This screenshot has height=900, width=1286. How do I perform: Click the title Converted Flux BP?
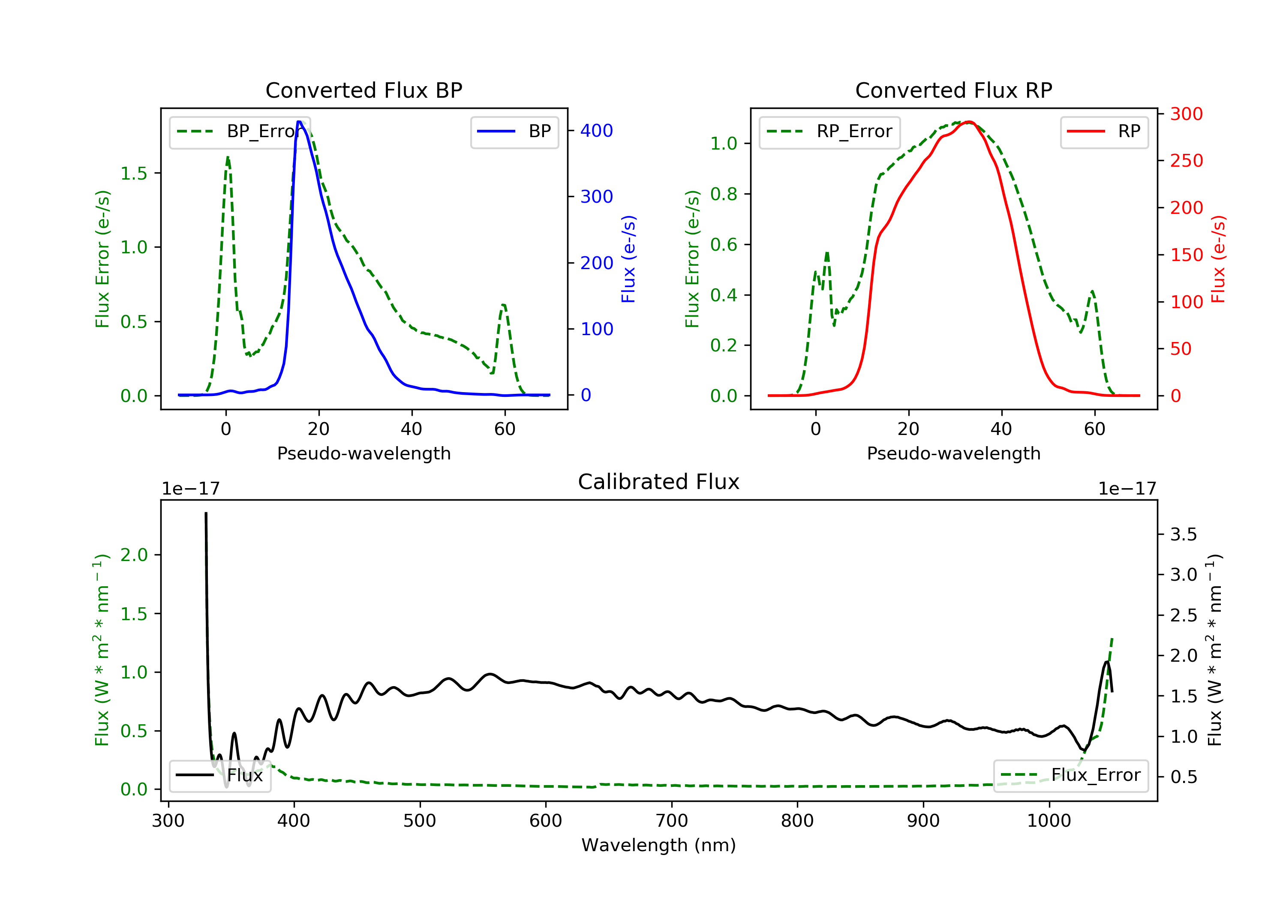point(364,90)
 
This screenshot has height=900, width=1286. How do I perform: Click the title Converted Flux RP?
point(953,90)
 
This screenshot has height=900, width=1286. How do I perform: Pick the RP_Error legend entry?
point(829,132)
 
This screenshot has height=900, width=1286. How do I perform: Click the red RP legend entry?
point(1104,132)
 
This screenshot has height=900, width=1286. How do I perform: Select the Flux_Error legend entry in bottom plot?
point(1071,775)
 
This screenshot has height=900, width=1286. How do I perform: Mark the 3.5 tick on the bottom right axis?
point(1183,534)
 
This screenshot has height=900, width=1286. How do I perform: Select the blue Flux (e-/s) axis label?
point(628,259)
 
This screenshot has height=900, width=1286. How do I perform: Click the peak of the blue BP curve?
point(300,122)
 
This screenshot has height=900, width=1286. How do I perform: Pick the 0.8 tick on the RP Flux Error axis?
point(723,194)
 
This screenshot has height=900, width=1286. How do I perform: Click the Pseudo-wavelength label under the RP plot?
point(953,453)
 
